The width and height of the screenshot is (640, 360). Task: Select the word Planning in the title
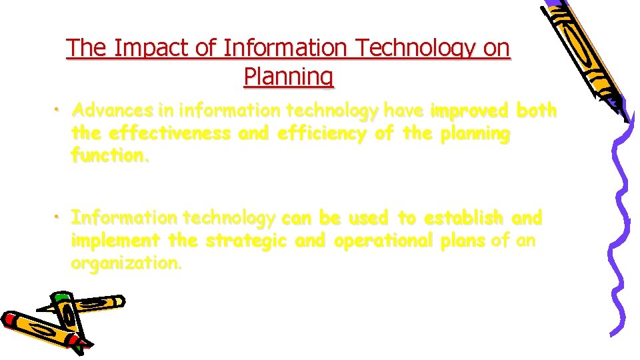pyautogui.click(x=289, y=77)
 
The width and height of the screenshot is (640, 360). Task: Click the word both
pyautogui.click(x=537, y=110)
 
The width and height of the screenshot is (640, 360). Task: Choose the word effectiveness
pyautogui.click(x=169, y=133)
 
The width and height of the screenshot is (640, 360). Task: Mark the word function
pyautogui.click(x=111, y=156)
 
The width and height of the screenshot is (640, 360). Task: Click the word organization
pyautogui.click(x=125, y=263)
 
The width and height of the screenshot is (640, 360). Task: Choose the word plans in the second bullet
pyautogui.click(x=461, y=241)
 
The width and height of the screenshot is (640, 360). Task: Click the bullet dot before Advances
pyautogui.click(x=60, y=109)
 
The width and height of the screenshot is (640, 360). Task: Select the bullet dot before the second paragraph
pyautogui.click(x=60, y=217)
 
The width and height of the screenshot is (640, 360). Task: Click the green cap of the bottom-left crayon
pyautogui.click(x=62, y=297)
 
